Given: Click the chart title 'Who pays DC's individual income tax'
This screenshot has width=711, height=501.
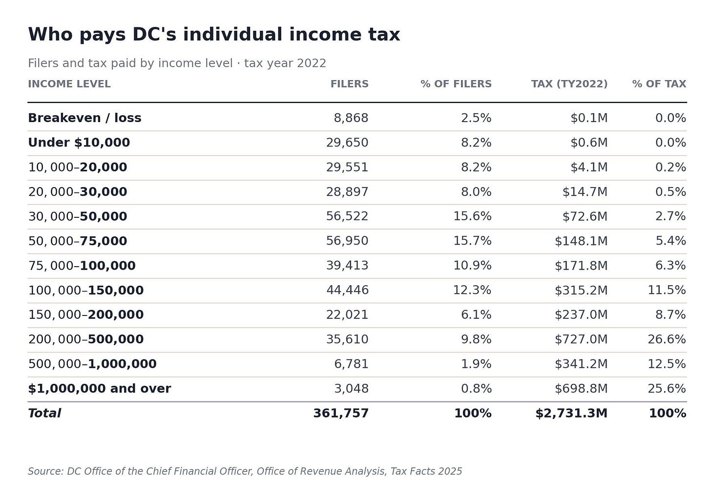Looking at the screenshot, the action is click(x=214, y=35).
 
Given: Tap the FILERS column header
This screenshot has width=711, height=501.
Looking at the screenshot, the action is click(x=350, y=84).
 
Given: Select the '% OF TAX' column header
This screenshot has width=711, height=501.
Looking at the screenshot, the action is click(x=659, y=84).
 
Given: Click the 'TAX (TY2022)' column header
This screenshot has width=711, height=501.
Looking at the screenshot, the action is click(x=569, y=84).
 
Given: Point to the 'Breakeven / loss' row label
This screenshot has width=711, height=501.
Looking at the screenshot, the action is click(x=84, y=118).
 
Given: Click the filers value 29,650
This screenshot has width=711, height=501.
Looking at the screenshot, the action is click(x=347, y=143).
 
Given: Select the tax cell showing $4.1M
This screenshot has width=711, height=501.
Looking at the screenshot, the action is click(x=589, y=167).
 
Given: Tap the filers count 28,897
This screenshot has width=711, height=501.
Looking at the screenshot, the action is click(x=347, y=192).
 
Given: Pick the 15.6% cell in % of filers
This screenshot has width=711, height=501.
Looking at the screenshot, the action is click(x=472, y=216).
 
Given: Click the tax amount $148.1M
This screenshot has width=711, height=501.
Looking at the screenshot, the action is click(x=581, y=241).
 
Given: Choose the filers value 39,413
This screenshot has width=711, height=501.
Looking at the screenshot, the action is click(x=347, y=266).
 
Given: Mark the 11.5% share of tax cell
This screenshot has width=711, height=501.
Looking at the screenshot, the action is click(x=667, y=290).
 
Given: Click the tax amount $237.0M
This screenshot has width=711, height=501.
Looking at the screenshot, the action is click(x=581, y=314).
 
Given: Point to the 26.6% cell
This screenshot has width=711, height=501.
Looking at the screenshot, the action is click(x=667, y=339).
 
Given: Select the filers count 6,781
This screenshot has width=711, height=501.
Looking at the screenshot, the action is click(x=352, y=364).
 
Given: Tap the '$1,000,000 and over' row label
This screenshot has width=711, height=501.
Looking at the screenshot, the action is click(x=99, y=389).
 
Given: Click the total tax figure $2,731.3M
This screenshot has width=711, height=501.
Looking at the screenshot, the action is click(x=571, y=414).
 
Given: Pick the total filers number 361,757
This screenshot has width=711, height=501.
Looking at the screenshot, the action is click(x=341, y=414).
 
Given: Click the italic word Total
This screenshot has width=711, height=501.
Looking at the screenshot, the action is click(x=44, y=414).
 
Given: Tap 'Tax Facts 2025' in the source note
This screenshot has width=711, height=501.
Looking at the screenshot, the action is click(x=426, y=471).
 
